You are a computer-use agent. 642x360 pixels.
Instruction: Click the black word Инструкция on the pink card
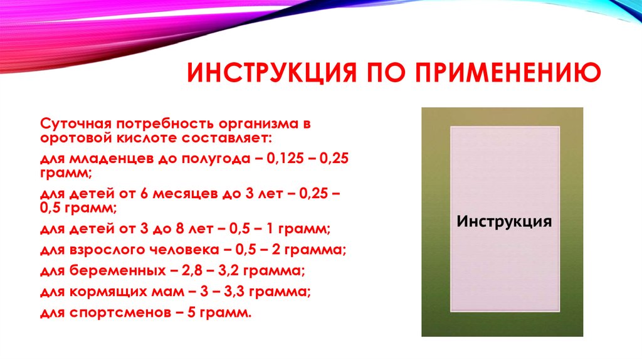504,222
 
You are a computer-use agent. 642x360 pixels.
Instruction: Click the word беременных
103,272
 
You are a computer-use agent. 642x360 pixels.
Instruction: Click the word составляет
229,137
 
